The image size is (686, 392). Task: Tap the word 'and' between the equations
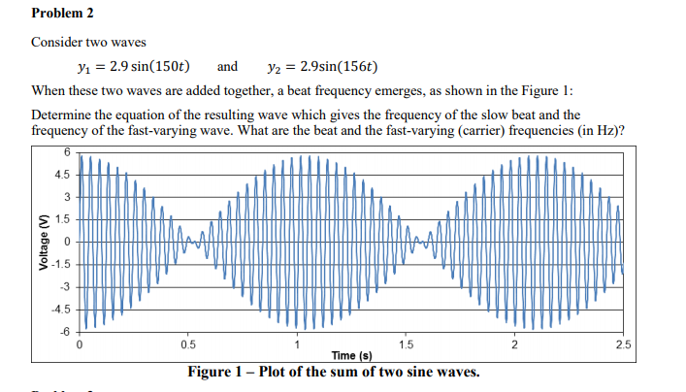pos(227,67)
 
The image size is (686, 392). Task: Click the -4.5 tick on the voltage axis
pos(63,310)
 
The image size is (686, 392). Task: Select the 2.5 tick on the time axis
pos(623,344)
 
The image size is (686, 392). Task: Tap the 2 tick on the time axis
pos(515,344)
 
